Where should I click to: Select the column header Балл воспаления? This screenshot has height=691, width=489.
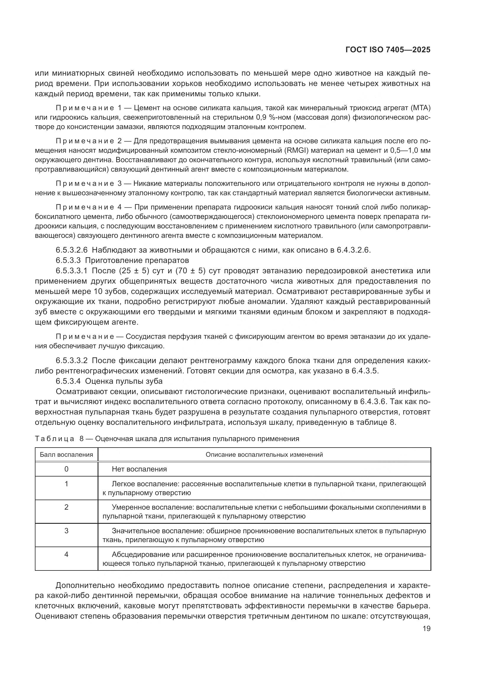67,454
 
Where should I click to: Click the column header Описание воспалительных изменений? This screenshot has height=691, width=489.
264,454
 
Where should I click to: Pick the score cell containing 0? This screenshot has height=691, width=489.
67,469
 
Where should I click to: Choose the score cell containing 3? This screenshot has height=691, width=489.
67,531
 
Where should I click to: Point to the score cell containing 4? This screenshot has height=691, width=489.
67,554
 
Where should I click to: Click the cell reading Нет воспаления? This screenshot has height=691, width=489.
139,469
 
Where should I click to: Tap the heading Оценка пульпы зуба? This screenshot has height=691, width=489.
124,381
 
